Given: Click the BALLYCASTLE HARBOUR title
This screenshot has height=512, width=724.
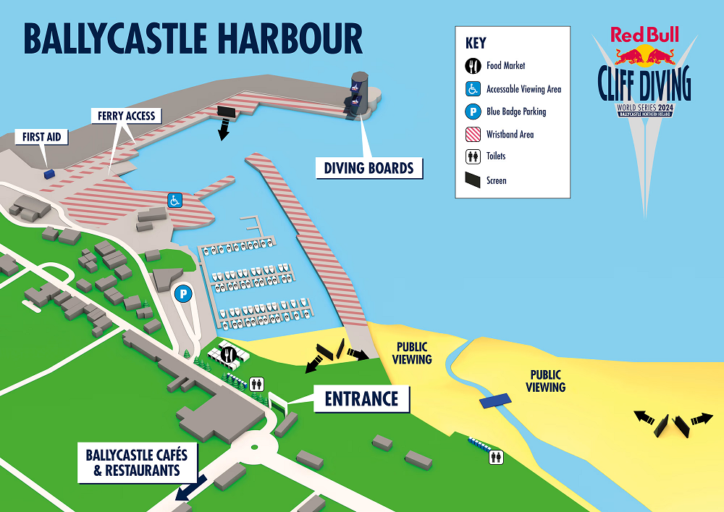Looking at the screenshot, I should [x=193, y=38].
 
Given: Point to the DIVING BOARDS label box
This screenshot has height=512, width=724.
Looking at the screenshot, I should [x=369, y=168].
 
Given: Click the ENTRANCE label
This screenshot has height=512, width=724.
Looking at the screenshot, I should [x=361, y=398].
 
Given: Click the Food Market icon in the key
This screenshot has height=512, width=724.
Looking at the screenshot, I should [x=472, y=66].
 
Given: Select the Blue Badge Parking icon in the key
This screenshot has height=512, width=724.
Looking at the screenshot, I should [x=472, y=112].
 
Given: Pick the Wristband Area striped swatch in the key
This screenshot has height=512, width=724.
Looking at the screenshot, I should [x=472, y=134].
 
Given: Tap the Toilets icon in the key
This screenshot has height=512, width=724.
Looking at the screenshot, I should [x=472, y=156].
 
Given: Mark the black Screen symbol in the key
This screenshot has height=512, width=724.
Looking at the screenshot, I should [x=472, y=180].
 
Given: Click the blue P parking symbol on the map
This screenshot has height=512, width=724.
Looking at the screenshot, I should [x=183, y=294].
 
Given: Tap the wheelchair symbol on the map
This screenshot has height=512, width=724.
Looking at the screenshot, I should [x=174, y=200].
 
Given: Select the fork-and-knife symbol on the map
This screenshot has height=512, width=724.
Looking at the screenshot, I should [x=229, y=354].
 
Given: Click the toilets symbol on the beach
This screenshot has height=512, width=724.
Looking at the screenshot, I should [x=497, y=456].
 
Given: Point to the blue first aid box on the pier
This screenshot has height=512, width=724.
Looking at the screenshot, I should [x=49, y=173].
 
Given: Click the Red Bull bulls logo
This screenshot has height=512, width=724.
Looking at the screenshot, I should [x=644, y=55].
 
